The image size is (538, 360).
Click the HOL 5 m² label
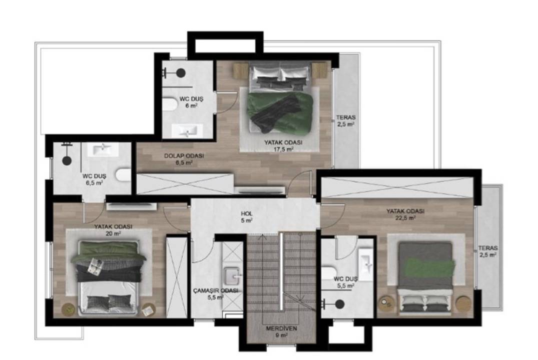coord(247,217)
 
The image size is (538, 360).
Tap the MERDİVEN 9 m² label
coord(281,332)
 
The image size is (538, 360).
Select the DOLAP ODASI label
coord(184,155)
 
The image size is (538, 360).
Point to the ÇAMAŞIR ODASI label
coord(216,290)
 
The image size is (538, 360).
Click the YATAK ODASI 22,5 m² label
coord(405,214)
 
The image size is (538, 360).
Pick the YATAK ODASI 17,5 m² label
coord(283,145)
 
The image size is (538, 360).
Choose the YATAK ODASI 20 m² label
coord(113,230)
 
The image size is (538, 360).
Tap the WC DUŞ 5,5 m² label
coord(345,282)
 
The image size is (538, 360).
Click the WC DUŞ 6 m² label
coord(192,102)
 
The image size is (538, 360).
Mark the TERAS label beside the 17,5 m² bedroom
coord(345,117)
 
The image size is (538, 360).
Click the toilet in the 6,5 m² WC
coord(124,175)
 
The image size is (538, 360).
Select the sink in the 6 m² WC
coord(187,130)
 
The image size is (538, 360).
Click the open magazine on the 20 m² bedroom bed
coord(95,266)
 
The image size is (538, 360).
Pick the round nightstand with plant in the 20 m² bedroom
coord(69,309)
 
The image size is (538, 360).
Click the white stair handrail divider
coord(281,271)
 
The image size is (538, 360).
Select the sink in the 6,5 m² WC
coord(103,149)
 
